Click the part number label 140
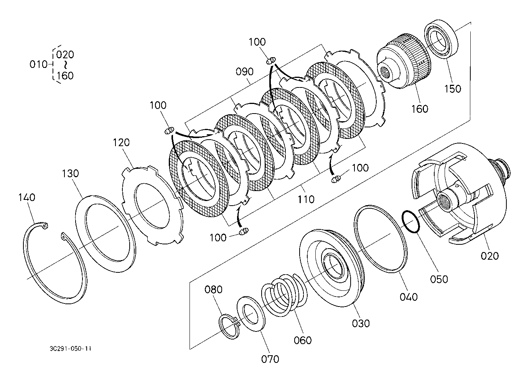pyautogui.click(x=27, y=197)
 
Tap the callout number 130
pyautogui.click(x=70, y=173)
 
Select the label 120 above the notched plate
pyautogui.click(x=121, y=143)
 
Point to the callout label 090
pyautogui.click(x=244, y=72)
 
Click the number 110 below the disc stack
pyautogui.click(x=306, y=199)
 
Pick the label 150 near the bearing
pyautogui.click(x=453, y=89)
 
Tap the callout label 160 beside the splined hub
pyautogui.click(x=420, y=109)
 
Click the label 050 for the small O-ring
pyautogui.click(x=439, y=279)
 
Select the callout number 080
pyautogui.click(x=213, y=290)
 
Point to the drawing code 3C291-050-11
pyautogui.click(x=70, y=349)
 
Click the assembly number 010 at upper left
pyautogui.click(x=38, y=64)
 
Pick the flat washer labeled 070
pyautogui.click(x=251, y=314)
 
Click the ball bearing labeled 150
pyautogui.click(x=441, y=39)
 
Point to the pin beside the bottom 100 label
pyautogui.click(x=244, y=231)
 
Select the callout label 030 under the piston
pyautogui.click(x=361, y=323)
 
